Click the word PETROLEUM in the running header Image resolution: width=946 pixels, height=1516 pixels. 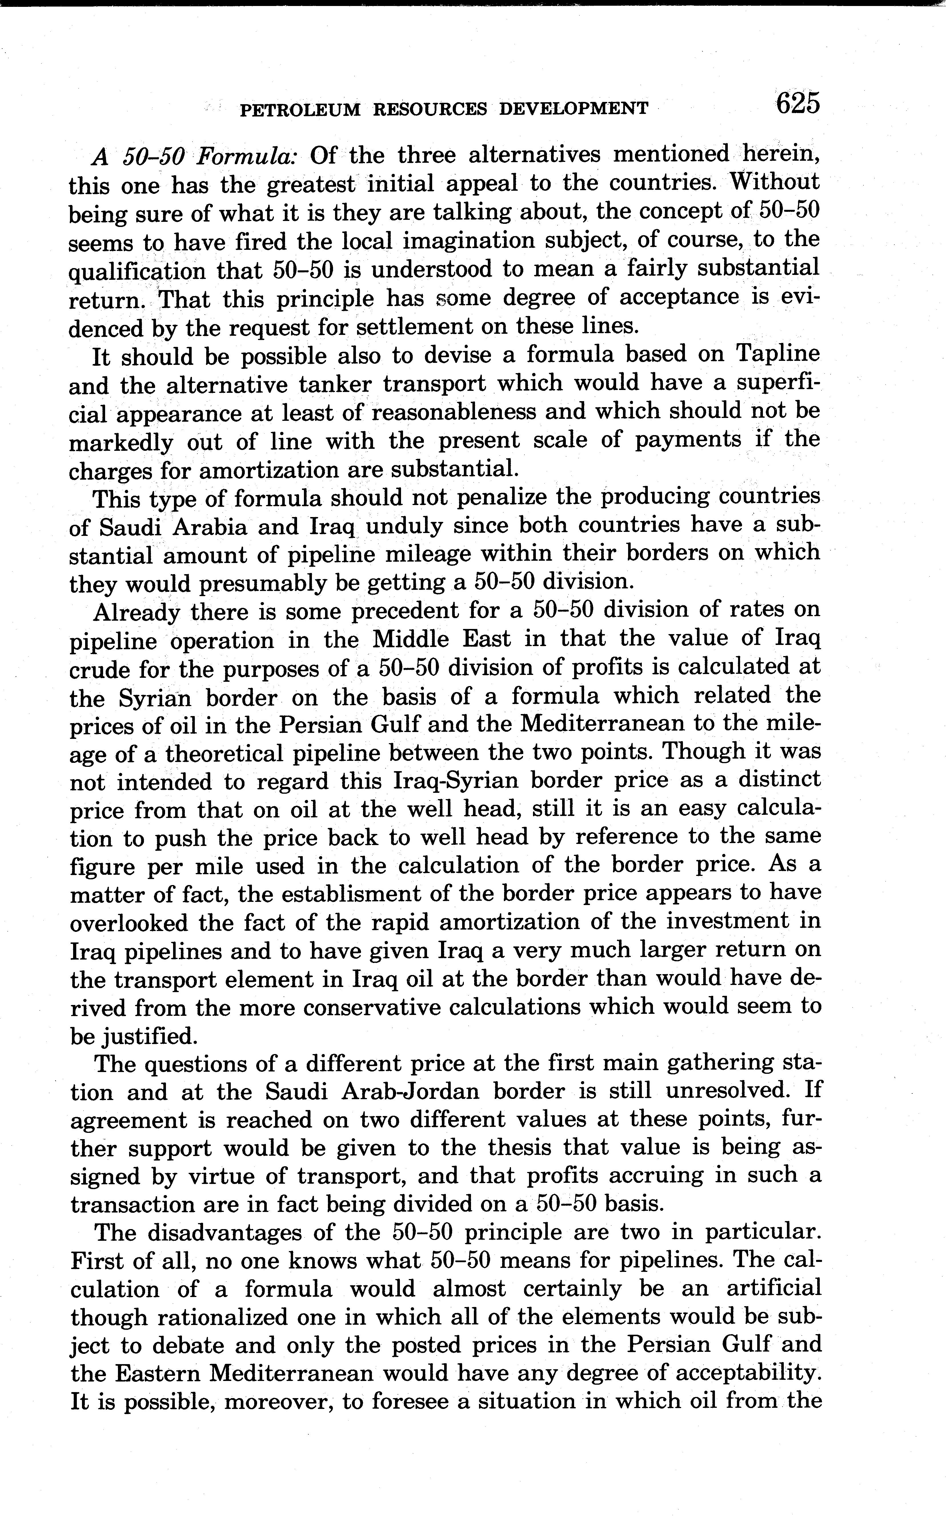[300, 109]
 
